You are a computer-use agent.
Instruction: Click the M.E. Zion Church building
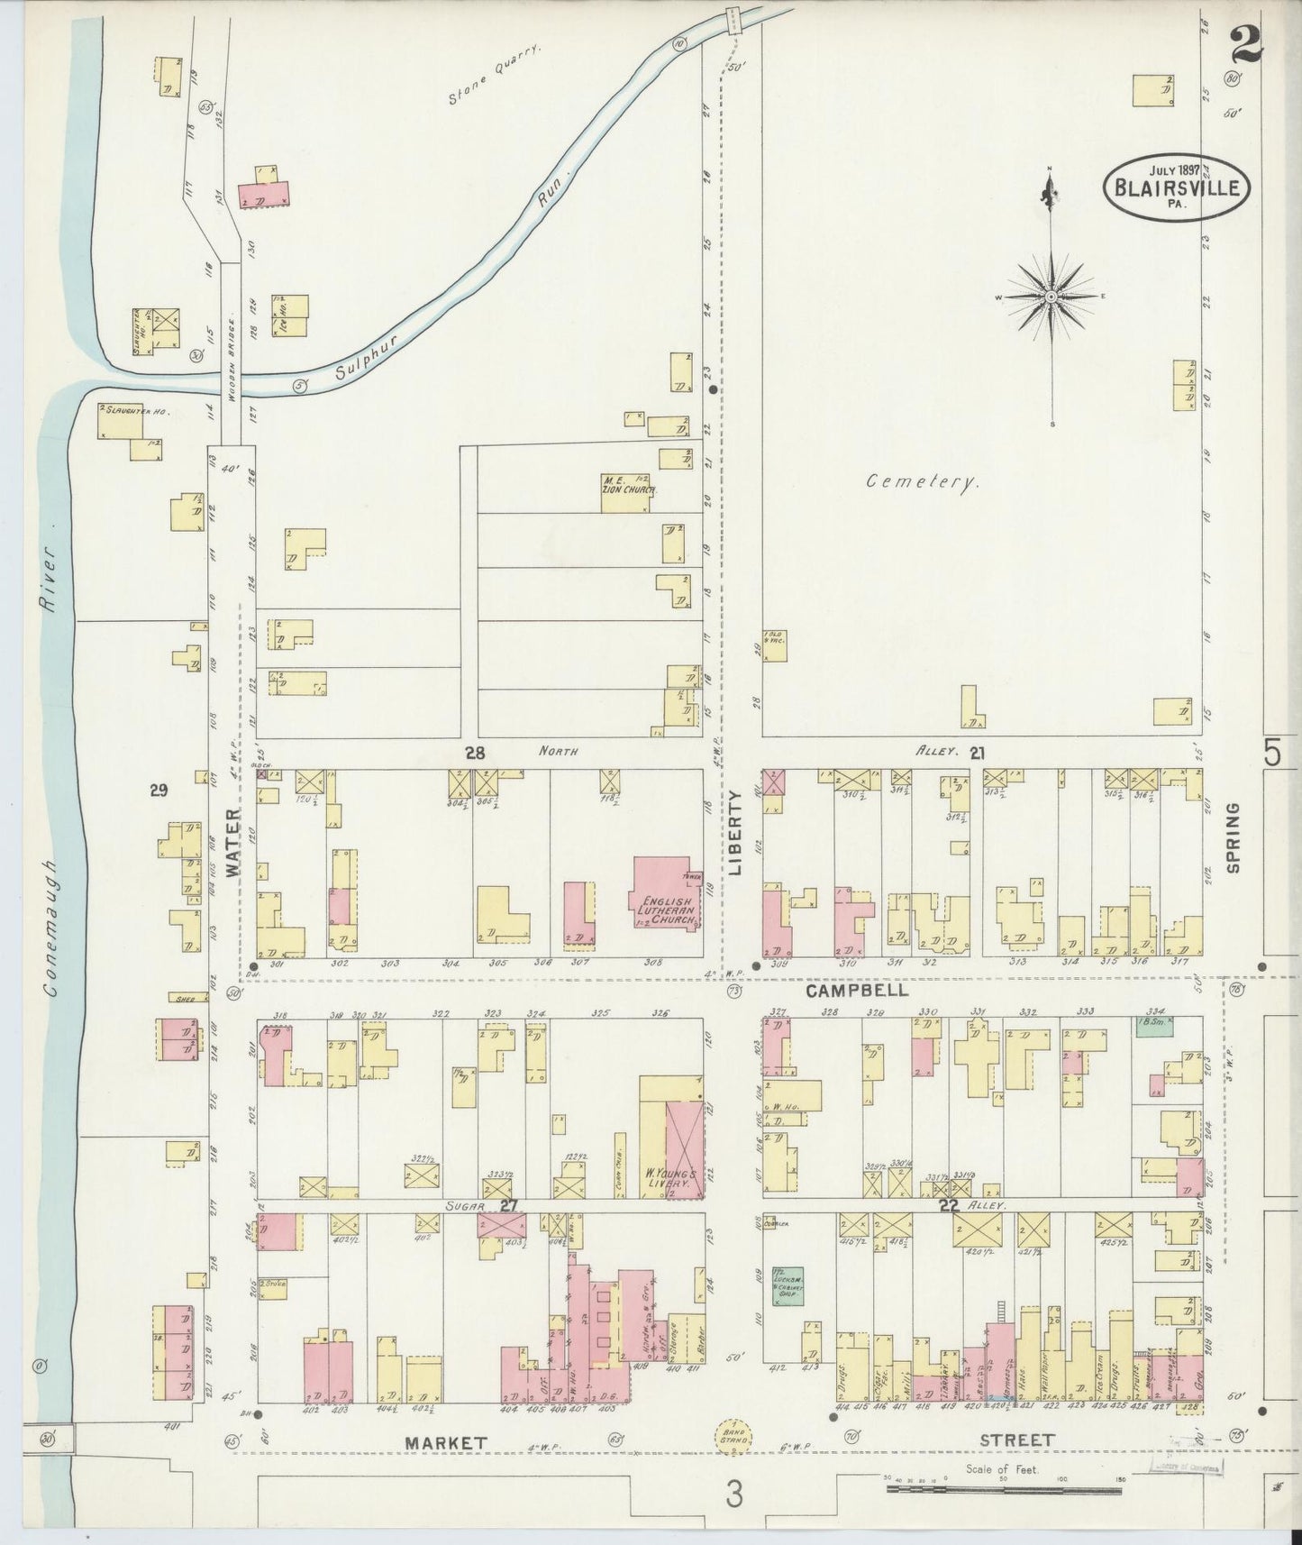point(627,490)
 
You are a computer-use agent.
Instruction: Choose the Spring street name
point(1233,837)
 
